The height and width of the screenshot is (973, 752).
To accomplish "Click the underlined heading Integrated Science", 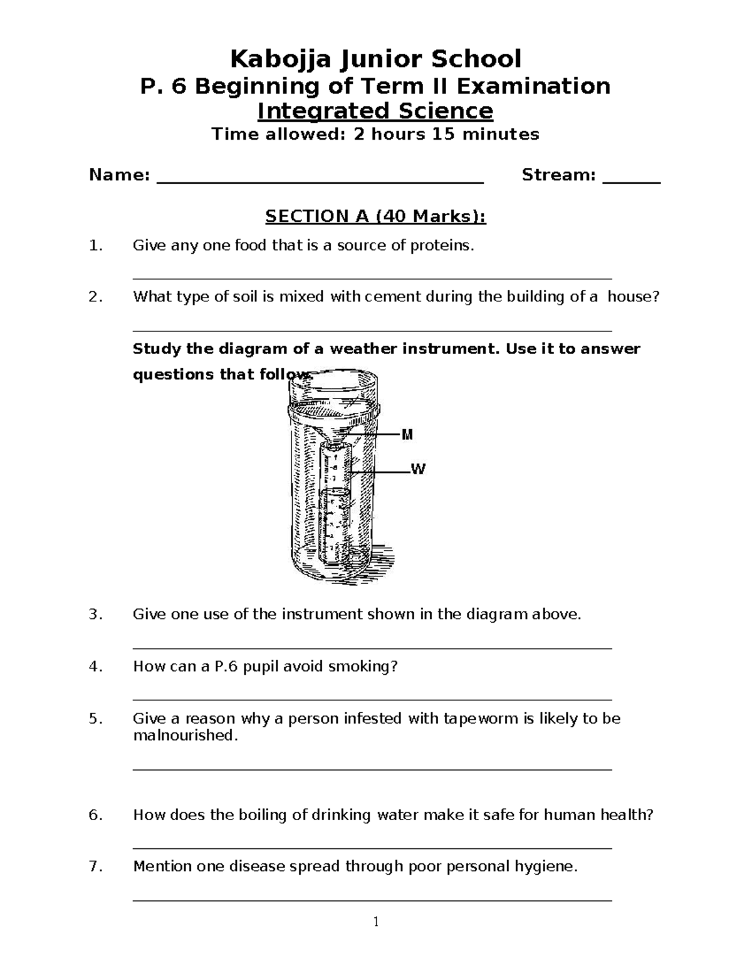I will point(375,111).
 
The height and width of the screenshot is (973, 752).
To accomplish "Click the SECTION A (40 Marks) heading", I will point(375,216).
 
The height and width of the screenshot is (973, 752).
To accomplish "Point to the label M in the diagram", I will point(407,435).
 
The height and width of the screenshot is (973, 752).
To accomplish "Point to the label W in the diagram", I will point(417,469).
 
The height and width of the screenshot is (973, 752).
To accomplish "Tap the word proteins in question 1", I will point(442,246).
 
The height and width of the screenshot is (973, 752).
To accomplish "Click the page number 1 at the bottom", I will point(376,922).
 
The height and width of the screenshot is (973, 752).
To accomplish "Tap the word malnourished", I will point(185,735).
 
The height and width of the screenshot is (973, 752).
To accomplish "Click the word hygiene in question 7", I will point(545,866).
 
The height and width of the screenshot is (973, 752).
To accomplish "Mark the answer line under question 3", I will point(372,648).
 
